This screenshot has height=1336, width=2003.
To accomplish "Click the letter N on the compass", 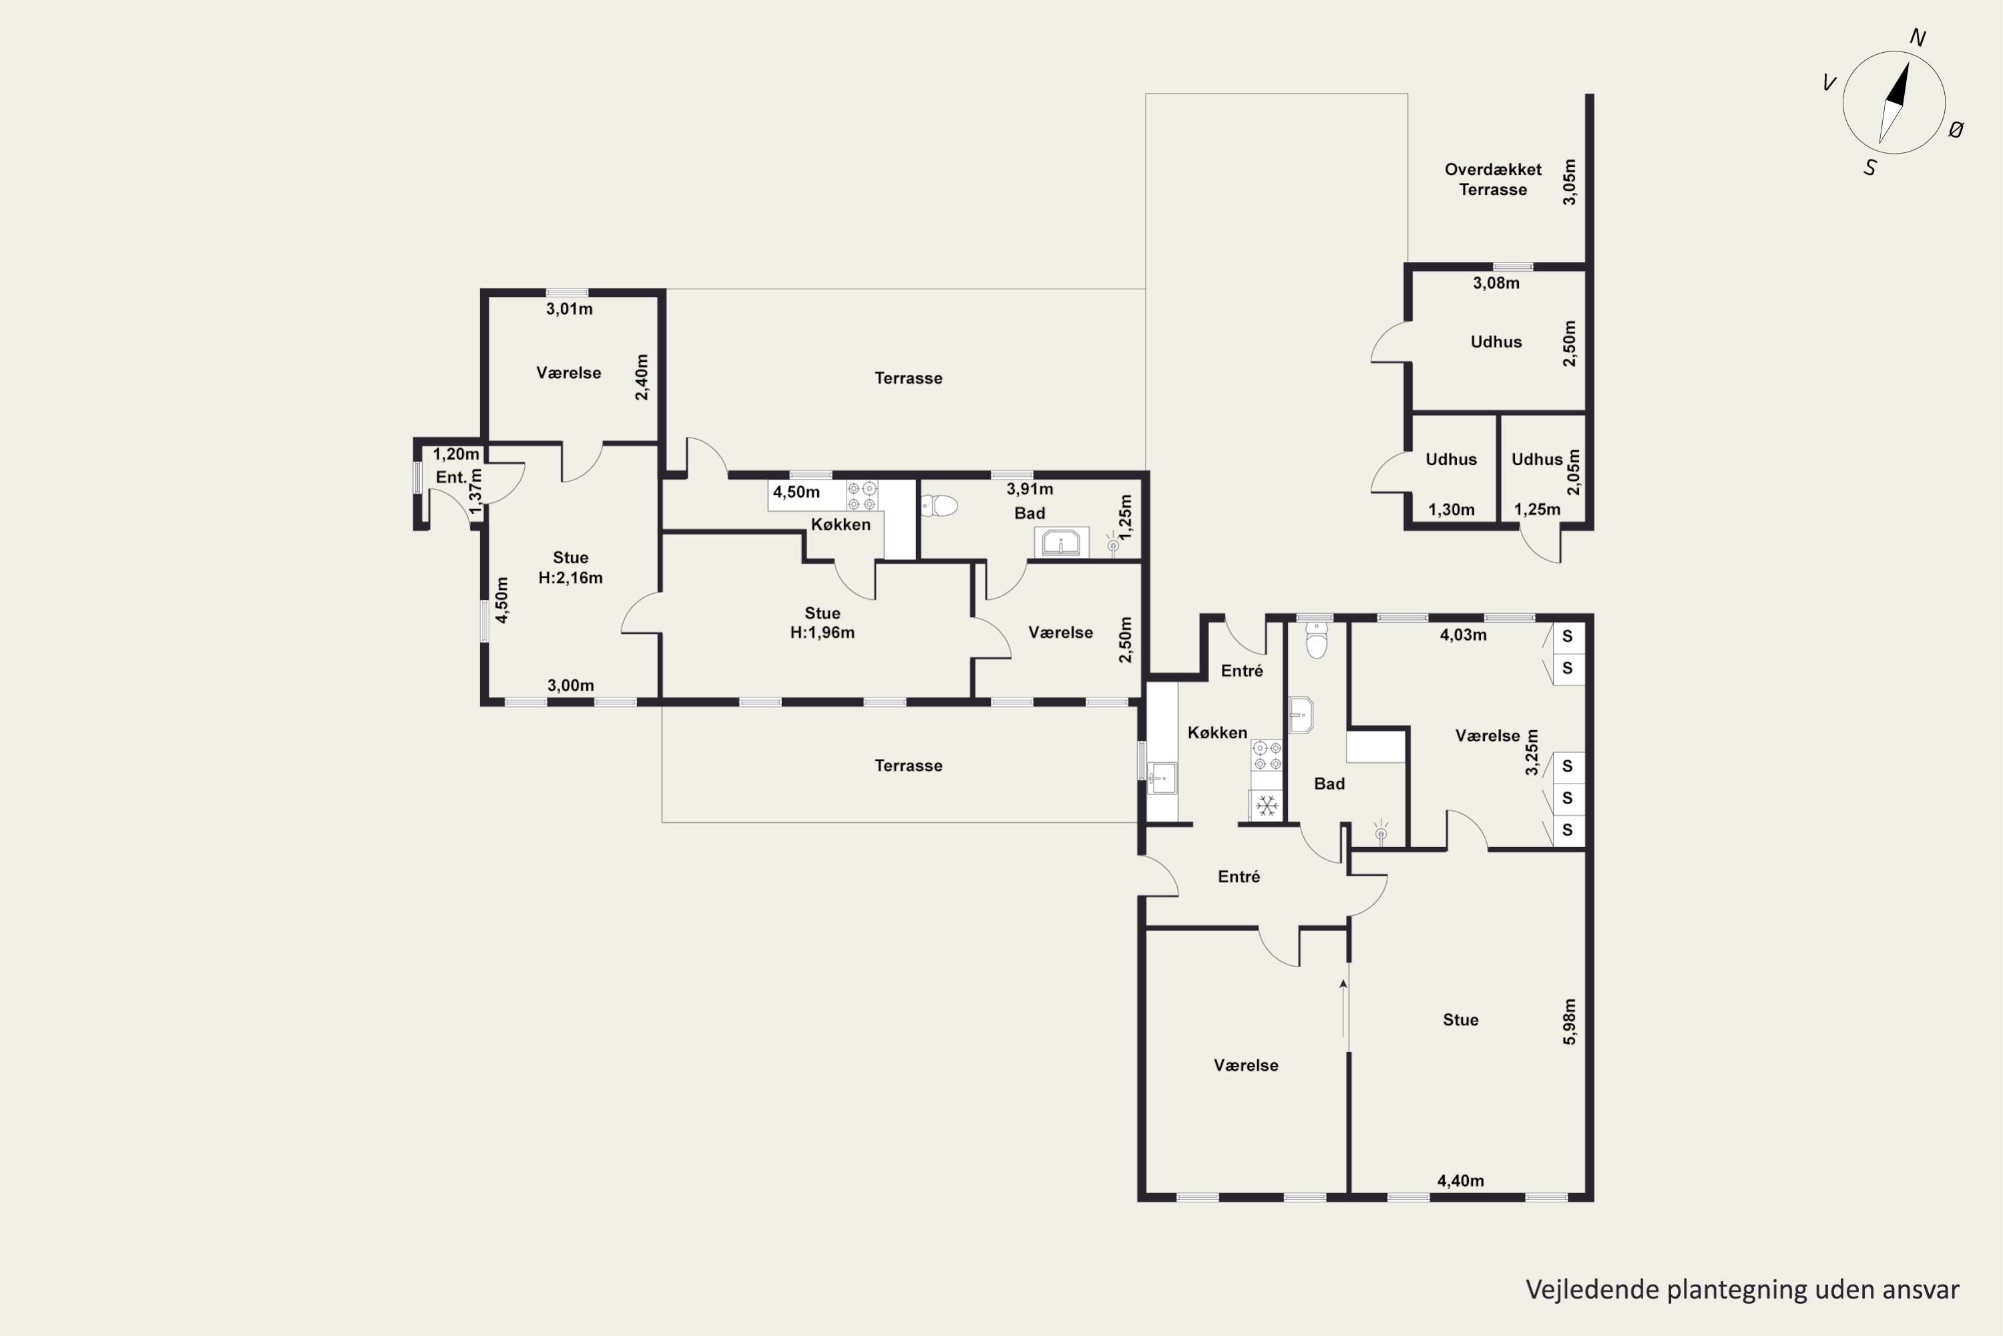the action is [1918, 37].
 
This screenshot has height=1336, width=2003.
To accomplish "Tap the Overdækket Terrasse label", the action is [1493, 180].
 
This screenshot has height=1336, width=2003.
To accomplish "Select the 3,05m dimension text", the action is [1570, 182].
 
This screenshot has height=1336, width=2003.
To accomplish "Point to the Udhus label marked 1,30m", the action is [1451, 460].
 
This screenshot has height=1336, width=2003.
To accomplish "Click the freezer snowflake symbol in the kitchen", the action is [1267, 805].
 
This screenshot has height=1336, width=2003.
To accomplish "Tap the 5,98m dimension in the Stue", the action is [1570, 1021].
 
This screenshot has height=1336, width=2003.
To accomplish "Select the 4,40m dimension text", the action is [1461, 1181].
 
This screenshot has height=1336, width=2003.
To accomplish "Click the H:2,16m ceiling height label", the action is [571, 578].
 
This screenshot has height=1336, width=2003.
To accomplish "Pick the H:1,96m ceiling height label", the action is [823, 632].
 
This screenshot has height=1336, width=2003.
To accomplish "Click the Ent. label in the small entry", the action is [451, 477].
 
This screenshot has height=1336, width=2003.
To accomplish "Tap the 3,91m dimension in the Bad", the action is [1030, 489].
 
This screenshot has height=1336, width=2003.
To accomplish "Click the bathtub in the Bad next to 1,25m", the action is [1061, 542].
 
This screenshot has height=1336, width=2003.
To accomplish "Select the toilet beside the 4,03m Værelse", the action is [1317, 640].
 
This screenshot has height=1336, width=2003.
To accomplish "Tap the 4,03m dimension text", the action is [1463, 635].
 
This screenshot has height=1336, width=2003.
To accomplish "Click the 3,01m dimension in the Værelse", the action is [570, 309].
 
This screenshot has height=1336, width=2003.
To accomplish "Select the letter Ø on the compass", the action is [1956, 130].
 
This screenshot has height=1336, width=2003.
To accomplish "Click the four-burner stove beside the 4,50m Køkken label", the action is [862, 496].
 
